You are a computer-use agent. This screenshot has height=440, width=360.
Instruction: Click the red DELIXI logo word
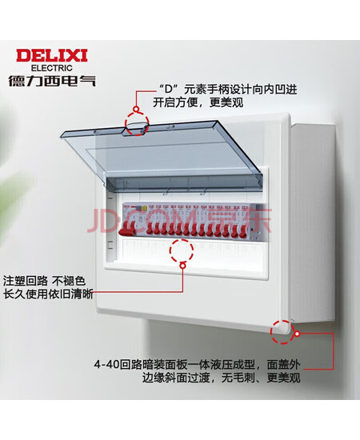click(52, 55)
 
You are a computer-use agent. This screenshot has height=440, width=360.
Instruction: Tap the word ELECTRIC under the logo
click(52, 68)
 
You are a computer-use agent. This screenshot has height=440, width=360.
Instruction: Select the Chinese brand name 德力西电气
click(52, 81)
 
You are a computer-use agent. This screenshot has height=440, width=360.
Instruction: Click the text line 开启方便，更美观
click(198, 102)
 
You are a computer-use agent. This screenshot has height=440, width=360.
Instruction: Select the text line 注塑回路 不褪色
click(44, 281)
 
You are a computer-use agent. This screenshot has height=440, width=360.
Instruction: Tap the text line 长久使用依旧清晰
click(48, 294)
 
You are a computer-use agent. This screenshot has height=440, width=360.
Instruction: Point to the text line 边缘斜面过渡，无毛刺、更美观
click(221, 378)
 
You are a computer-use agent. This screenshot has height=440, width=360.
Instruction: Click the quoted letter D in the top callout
click(168, 90)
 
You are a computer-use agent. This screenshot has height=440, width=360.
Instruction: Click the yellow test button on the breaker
click(145, 209)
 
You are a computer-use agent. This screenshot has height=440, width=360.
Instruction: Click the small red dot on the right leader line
click(298, 334)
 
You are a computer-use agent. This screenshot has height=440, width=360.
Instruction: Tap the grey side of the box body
click(313, 222)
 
